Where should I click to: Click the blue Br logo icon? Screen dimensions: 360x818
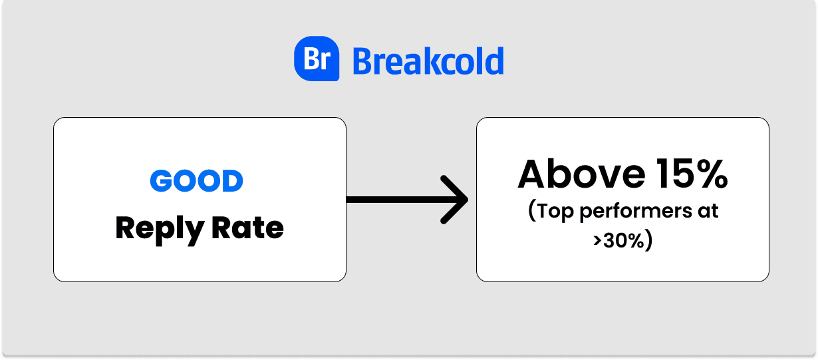[317, 59]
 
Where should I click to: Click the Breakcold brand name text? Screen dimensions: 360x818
[428, 61]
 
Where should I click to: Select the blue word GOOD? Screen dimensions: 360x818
[196, 181]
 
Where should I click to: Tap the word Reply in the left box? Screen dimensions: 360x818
[158, 229]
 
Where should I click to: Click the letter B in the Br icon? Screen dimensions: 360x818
[311, 59]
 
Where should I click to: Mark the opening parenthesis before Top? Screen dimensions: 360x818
[532, 212]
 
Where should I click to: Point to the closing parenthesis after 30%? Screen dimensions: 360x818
[648, 240]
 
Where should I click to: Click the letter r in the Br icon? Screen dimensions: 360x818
[325, 61]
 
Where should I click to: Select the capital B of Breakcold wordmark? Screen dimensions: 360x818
[362, 61]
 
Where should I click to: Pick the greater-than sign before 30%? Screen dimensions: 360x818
[597, 240]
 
